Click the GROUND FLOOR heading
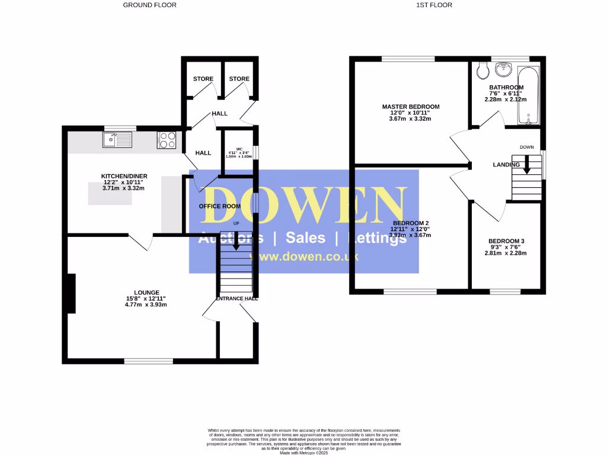pos(149,5)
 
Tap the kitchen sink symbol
pos(117,140)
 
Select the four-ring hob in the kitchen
pos(167,140)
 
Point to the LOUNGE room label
pos(146,293)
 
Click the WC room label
pos(239,149)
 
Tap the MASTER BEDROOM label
pos(410,107)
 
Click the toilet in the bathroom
pos(483,70)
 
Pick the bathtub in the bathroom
pos(529,95)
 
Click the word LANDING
pos(506,165)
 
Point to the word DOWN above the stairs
pos(526,147)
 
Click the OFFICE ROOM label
pos(219,206)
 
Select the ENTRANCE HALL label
pos(237,299)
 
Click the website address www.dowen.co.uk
pos(304,257)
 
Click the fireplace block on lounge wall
pos(71,293)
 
